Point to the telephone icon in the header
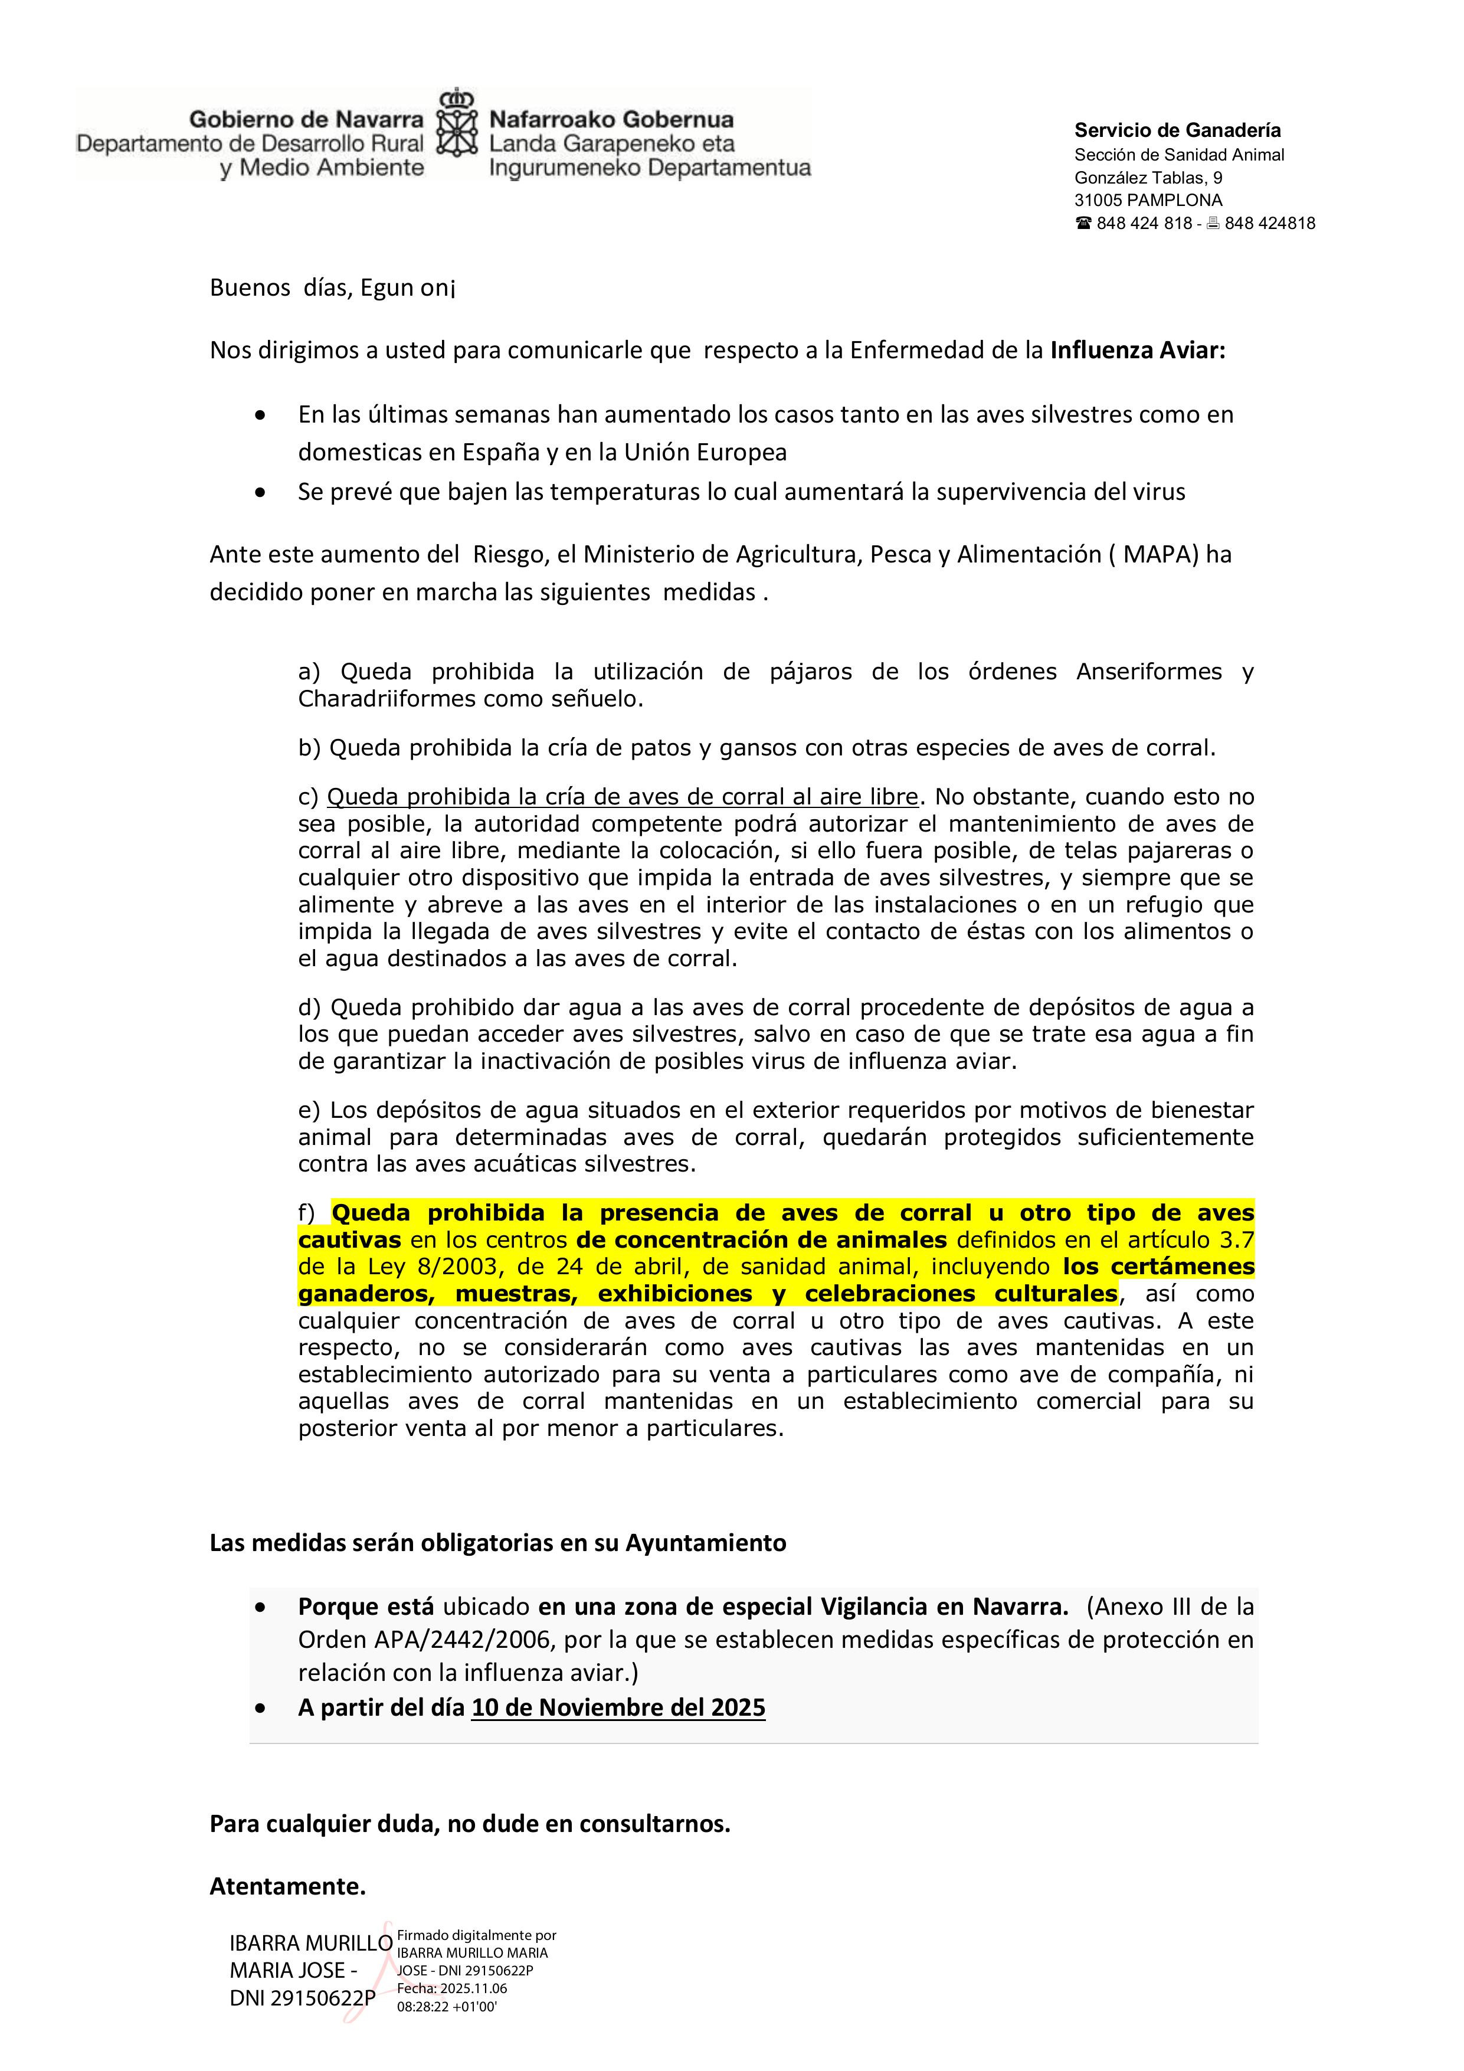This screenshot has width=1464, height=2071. coord(1083,224)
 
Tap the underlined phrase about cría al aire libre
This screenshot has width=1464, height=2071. coord(623,797)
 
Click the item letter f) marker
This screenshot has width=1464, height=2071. coord(309,1213)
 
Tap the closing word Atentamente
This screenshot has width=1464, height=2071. coord(287,1886)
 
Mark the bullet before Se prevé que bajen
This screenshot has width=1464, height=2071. coord(261,492)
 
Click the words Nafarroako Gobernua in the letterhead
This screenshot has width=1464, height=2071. coord(611,119)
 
